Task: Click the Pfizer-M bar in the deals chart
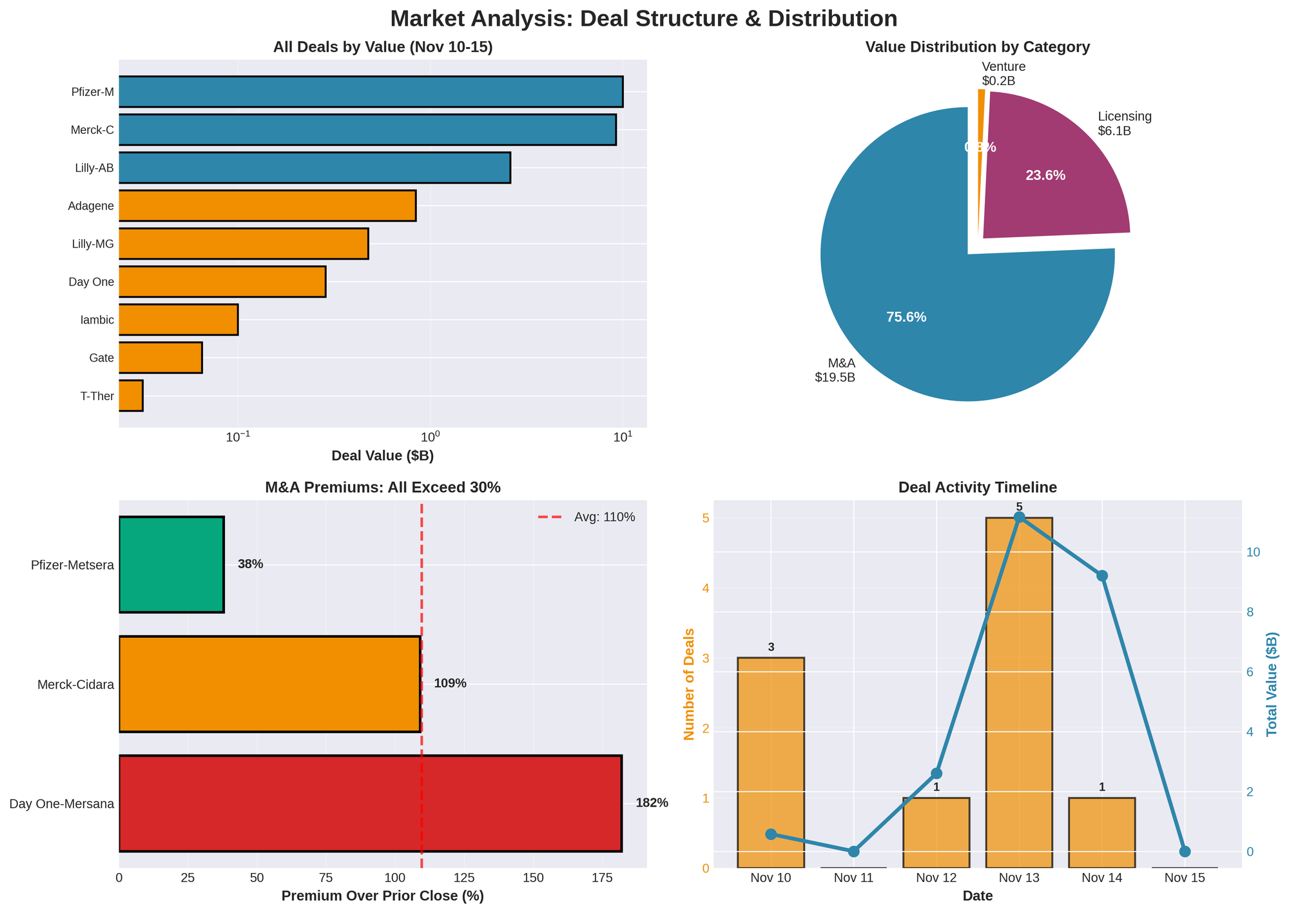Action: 371,91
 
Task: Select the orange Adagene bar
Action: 267,206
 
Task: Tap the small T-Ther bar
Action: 131,396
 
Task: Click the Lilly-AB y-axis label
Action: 94,168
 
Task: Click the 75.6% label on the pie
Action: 906,317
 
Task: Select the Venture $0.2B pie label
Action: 1003,73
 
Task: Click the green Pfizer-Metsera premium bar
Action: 171,564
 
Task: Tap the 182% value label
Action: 652,803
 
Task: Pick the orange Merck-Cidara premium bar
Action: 269,684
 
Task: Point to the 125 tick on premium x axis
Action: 464,878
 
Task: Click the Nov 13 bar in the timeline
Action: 1019,693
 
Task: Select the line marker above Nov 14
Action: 1101,575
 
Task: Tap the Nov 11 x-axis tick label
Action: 853,878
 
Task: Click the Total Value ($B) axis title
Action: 1272,684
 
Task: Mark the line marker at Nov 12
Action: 936,773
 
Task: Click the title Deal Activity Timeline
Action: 977,488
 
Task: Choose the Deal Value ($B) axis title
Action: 382,456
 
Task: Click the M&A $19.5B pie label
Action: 835,370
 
